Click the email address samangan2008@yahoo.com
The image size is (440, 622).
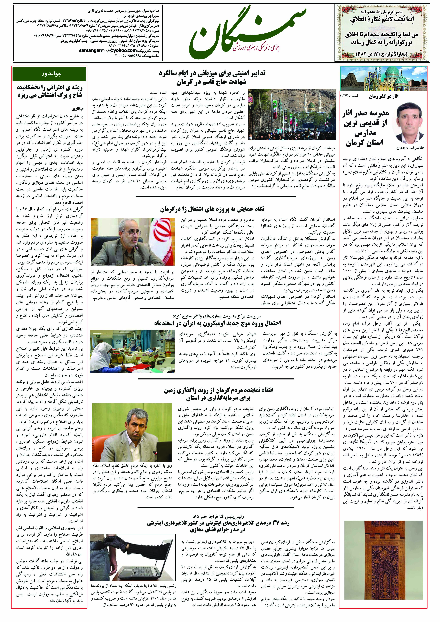tap(108, 50)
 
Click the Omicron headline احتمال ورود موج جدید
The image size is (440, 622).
tap(218, 323)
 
